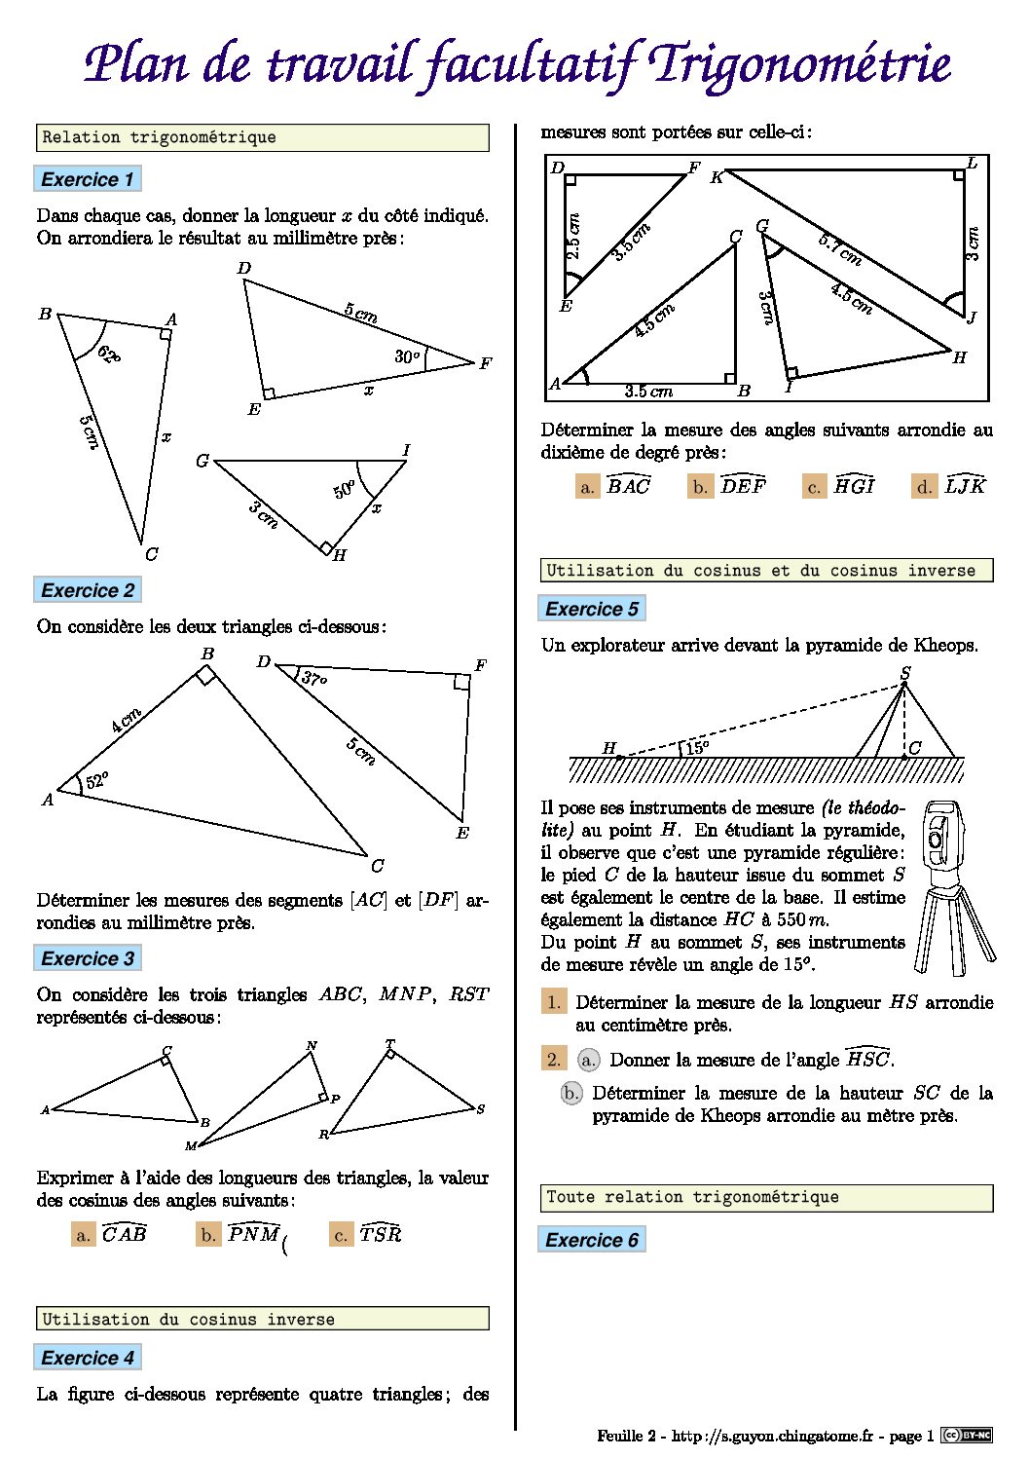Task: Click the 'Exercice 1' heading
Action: [x=88, y=179]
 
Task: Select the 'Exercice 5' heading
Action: [x=592, y=609]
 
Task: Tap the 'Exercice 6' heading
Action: [x=592, y=1240]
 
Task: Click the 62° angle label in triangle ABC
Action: [x=108, y=355]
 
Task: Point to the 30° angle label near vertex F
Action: [x=407, y=356]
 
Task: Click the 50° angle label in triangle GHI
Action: [x=345, y=489]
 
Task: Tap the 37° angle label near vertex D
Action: [x=313, y=678]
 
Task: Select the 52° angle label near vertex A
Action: [x=96, y=781]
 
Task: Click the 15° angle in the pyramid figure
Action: [x=697, y=748]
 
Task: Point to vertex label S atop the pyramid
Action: [x=905, y=673]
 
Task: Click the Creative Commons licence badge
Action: [x=966, y=1436]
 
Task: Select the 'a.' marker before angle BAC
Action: [x=587, y=487]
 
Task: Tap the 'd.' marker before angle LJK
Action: [x=925, y=487]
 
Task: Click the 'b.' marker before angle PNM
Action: [x=208, y=1235]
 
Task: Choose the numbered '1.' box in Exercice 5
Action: [x=554, y=1002]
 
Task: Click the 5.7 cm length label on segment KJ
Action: [x=839, y=249]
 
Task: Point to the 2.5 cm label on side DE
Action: [x=573, y=237]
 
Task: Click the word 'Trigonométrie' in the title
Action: [x=800, y=64]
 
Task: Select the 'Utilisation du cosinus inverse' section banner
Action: [x=263, y=1319]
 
